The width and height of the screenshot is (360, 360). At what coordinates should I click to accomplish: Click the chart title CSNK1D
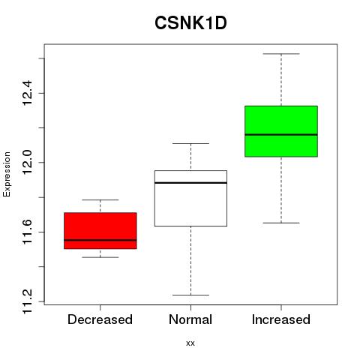[x=190, y=23]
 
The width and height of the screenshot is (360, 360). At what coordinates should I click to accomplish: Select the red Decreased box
[x=100, y=231]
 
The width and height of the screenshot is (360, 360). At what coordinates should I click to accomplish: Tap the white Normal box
[x=190, y=198]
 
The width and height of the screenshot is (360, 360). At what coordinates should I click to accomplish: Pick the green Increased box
[x=281, y=131]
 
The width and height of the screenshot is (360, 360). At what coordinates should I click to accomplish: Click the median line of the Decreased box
[x=100, y=240]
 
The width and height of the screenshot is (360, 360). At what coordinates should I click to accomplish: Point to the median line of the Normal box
[x=190, y=183]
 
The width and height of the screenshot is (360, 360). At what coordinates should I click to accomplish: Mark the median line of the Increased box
[x=281, y=134]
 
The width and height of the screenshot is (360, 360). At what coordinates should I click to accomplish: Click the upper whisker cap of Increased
[x=281, y=54]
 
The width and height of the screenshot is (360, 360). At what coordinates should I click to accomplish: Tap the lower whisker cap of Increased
[x=281, y=223]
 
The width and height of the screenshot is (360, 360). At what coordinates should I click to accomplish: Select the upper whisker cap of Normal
[x=190, y=143]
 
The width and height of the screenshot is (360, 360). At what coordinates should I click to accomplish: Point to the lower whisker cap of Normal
[x=190, y=295]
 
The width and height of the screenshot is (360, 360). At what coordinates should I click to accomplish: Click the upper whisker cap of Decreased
[x=100, y=199]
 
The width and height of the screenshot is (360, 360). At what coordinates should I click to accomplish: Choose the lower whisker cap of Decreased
[x=100, y=257]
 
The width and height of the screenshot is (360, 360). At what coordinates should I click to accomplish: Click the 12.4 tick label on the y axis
[x=27, y=93]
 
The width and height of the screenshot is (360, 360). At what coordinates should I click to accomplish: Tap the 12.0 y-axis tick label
[x=27, y=163]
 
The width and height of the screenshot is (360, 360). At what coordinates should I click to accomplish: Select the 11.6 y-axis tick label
[x=27, y=232]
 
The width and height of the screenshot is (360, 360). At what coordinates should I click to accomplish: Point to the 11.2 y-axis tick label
[x=27, y=301]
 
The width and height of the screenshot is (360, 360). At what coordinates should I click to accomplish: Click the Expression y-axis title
[x=7, y=174]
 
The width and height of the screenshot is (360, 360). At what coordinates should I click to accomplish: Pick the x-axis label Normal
[x=190, y=319]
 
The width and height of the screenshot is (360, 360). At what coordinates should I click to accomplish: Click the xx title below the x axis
[x=190, y=343]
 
